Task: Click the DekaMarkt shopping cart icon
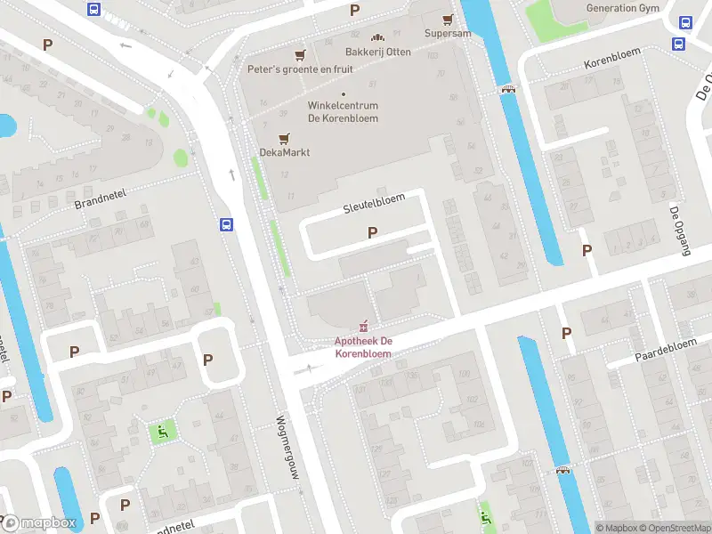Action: pyautogui.click(x=285, y=138)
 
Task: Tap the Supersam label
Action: pyautogui.click(x=448, y=34)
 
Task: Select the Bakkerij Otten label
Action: pyautogui.click(x=378, y=52)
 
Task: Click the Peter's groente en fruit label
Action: pyautogui.click(x=300, y=69)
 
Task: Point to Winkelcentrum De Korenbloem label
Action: pyautogui.click(x=344, y=112)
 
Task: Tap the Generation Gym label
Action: pyautogui.click(x=623, y=8)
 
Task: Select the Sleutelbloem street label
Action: pyautogui.click(x=374, y=204)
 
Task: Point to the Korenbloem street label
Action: pyautogui.click(x=612, y=64)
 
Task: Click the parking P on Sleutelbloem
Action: pyautogui.click(x=373, y=232)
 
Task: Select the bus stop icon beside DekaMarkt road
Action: pyautogui.click(x=227, y=225)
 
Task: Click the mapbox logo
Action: pyautogui.click(x=39, y=523)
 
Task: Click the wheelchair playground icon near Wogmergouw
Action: pyautogui.click(x=163, y=433)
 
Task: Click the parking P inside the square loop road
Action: pyautogui.click(x=208, y=360)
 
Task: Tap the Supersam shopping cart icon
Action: pyautogui.click(x=448, y=19)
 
